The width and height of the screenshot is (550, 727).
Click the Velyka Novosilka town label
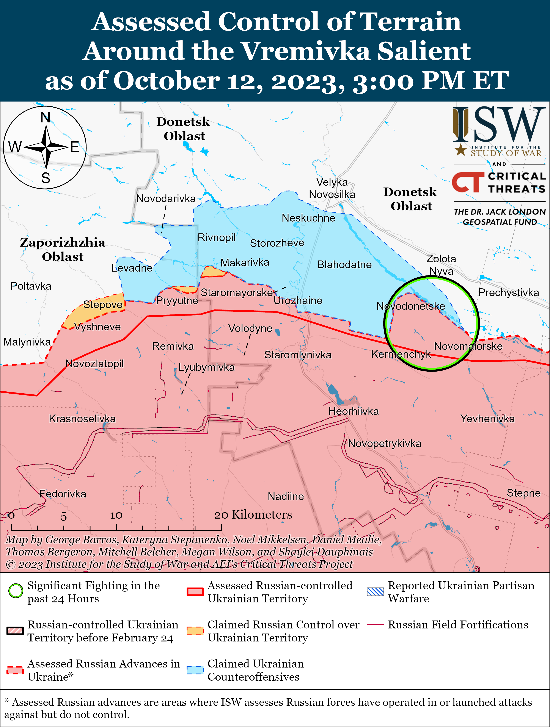pyautogui.click(x=332, y=188)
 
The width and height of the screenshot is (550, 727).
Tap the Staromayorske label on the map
pyautogui.click(x=237, y=292)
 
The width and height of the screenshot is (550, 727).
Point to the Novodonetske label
pyautogui.click(x=410, y=306)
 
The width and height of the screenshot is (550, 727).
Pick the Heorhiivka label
pyautogui.click(x=354, y=411)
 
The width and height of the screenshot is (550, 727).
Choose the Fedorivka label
pyautogui.click(x=63, y=494)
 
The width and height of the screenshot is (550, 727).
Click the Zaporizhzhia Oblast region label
pyautogui.click(x=63, y=249)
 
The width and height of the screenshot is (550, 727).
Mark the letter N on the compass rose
pyautogui.click(x=45, y=117)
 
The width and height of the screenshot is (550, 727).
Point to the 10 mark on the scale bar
pyautogui.click(x=116, y=515)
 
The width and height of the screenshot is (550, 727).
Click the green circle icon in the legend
pyautogui.click(x=16, y=591)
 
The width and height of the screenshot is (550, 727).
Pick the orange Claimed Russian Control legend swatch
pyautogui.click(x=195, y=631)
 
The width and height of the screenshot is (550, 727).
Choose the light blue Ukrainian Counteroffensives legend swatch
pyautogui.click(x=195, y=670)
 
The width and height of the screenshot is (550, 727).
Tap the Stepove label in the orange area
pyautogui.click(x=103, y=304)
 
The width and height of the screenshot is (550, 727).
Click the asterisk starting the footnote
pyautogui.click(x=7, y=701)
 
